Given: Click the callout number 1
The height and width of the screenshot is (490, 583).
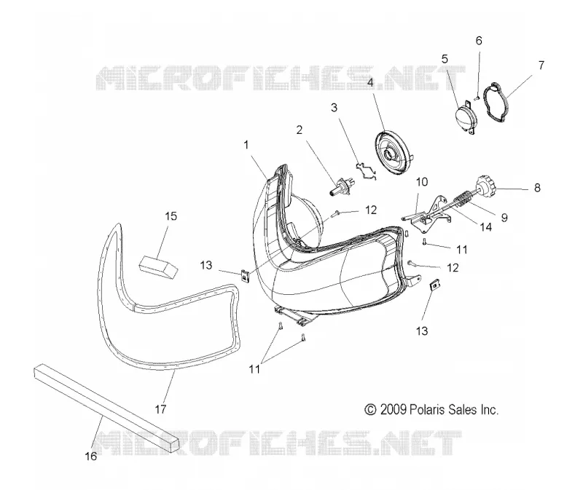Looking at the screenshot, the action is (246, 145).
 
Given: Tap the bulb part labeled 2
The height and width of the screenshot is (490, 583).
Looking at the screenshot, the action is (342, 186).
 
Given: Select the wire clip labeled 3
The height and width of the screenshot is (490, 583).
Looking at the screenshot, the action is (366, 170).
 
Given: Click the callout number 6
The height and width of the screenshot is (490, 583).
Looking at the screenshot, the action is (479, 41).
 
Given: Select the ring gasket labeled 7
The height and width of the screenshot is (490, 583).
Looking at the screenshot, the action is (496, 102).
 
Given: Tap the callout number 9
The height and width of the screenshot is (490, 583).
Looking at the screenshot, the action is (504, 217).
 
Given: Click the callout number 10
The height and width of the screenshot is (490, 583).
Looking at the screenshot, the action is (422, 182).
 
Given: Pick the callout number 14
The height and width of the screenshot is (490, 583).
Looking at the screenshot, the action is (485, 226).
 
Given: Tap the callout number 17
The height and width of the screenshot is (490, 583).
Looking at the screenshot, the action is (160, 409).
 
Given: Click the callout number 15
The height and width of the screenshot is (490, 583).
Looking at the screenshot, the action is (171, 216).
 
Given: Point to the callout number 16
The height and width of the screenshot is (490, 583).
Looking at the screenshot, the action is (91, 456).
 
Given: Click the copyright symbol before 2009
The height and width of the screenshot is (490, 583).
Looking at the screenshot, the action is (370, 409).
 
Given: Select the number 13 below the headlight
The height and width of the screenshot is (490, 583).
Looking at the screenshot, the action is (422, 331).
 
